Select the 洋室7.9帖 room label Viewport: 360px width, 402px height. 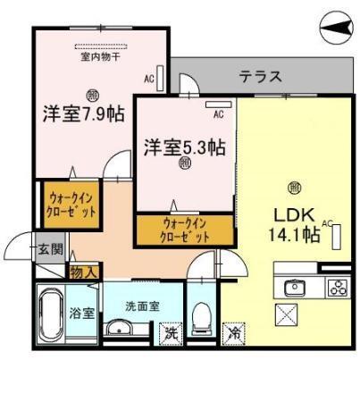click(x=83, y=114)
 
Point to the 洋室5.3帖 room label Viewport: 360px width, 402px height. click(x=184, y=146)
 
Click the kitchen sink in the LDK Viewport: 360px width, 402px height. click(x=294, y=288)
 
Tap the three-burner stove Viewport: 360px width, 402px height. click(x=337, y=288)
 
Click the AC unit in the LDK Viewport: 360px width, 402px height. click(x=338, y=237)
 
